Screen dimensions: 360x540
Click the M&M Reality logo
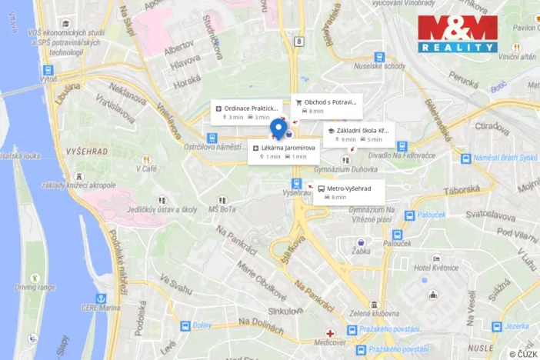pyautogui.click(x=458, y=34)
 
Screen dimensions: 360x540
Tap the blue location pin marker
pyautogui.click(x=281, y=128)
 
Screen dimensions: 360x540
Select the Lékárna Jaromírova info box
pyautogui.click(x=283, y=152)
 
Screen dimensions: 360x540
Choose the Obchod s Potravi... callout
pyautogui.click(x=326, y=106)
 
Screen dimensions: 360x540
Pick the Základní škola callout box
pyautogui.click(x=358, y=135)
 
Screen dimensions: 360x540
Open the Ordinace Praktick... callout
pyautogui.click(x=246, y=112)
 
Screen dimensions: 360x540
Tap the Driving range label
pyautogui.click(x=35, y=287)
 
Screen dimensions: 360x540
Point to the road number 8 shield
pyautogui.click(x=297, y=40)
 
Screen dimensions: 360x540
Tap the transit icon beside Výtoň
pyautogui.click(x=48, y=70)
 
